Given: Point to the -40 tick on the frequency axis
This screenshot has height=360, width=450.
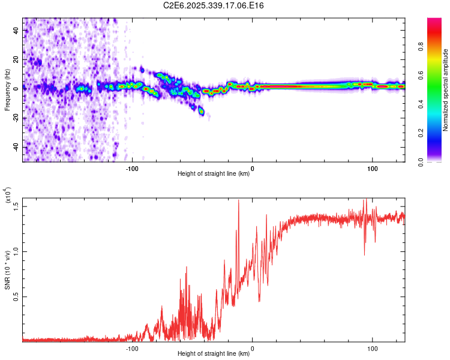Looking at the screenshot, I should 15,147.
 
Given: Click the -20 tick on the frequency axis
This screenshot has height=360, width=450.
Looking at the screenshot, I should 15,118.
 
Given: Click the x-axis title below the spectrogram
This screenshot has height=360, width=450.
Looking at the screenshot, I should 214,174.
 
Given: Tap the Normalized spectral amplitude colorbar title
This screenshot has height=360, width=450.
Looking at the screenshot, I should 446,90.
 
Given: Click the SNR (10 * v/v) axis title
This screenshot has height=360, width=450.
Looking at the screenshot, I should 7,270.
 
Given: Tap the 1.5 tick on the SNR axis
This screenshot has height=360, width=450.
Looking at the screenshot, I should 16,206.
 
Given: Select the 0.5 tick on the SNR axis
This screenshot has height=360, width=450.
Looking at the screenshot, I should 16,296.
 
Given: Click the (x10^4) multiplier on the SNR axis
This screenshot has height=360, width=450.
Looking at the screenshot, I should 8,196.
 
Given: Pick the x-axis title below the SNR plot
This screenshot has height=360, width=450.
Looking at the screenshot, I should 214,354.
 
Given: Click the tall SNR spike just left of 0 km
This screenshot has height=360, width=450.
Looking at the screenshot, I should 239,202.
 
